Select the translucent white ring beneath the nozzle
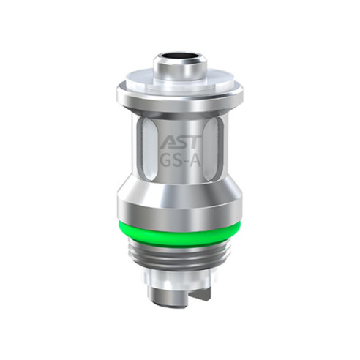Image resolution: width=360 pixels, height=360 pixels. [179, 82]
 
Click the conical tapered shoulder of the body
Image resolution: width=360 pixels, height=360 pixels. [179, 183]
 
